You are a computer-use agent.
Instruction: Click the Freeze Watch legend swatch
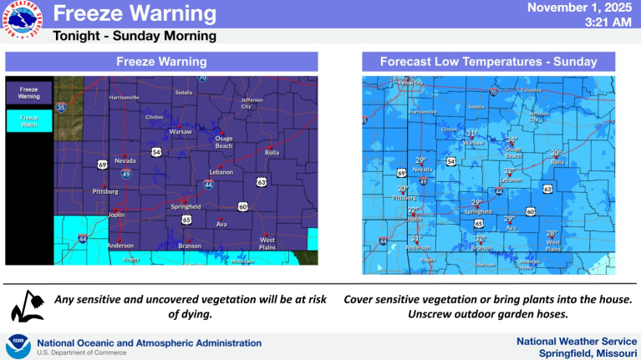tap(29, 121)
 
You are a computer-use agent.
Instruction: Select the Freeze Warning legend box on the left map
tap(29, 93)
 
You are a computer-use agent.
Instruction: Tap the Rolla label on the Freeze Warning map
tap(272, 152)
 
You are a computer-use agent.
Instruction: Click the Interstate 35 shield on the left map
tap(61, 108)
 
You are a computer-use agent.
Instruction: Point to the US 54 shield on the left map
tap(156, 152)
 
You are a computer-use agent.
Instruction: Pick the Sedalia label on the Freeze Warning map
tap(181, 93)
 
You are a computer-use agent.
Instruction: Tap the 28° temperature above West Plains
tap(552, 233)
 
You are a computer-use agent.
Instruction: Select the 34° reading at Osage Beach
tap(513, 139)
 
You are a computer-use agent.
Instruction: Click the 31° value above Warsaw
tap(472, 132)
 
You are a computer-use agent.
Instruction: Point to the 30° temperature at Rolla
tap(555, 152)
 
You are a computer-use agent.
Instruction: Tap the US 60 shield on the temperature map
tap(531, 211)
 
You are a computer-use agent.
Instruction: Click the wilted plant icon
tap(27, 307)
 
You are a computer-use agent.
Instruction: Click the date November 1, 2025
tap(582, 8)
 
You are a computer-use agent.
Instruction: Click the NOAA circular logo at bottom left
tap(18, 347)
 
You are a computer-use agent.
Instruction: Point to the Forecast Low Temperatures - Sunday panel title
tap(488, 62)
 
